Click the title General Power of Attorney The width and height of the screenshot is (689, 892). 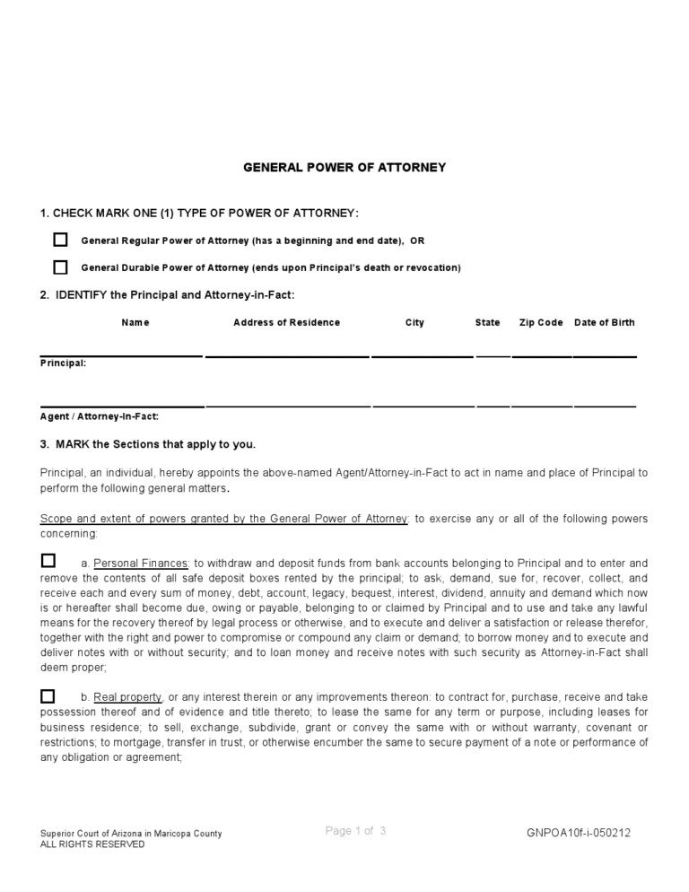[344, 168]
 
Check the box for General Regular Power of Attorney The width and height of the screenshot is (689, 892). [60, 240]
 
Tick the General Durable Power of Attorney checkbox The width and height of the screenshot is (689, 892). [60, 267]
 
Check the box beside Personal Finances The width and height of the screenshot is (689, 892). [48, 561]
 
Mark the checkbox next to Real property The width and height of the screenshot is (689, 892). [48, 695]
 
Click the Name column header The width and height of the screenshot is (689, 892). [135, 323]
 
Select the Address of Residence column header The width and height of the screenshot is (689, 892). [286, 323]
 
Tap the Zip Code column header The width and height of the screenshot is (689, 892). [541, 323]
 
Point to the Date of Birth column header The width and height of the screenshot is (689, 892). [604, 323]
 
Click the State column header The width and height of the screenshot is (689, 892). [487, 323]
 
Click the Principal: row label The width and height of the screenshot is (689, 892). [64, 363]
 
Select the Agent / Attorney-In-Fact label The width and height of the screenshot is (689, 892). [100, 416]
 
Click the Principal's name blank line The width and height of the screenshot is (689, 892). [121, 355]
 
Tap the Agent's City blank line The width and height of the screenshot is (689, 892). [423, 406]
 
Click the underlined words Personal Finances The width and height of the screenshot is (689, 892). [141, 564]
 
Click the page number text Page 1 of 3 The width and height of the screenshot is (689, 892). [355, 831]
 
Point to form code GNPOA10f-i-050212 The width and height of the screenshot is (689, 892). [579, 833]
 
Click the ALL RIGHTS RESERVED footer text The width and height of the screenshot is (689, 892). [92, 844]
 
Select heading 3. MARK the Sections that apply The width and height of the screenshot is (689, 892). [148, 444]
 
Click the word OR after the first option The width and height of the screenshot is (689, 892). [417, 241]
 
